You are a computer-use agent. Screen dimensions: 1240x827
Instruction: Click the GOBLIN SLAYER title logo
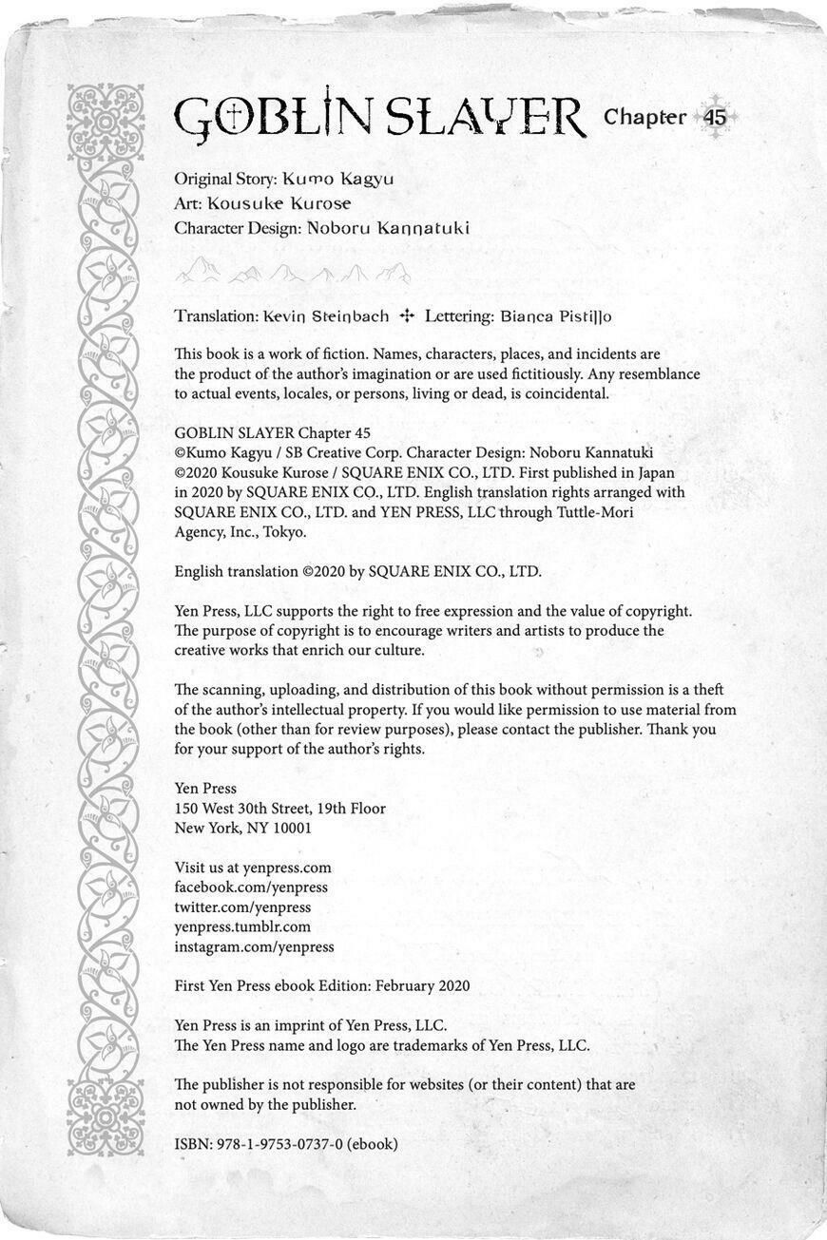click(x=380, y=119)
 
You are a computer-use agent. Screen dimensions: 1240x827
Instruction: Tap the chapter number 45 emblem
click(x=715, y=118)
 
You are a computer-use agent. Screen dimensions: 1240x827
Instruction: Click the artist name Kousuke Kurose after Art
click(x=279, y=203)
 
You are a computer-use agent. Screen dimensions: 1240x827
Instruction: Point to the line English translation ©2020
click(x=357, y=571)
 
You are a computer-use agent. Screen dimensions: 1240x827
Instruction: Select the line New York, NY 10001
click(x=242, y=828)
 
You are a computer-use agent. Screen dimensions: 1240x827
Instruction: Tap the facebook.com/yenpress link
click(x=251, y=887)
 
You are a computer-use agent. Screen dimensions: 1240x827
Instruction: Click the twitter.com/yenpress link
click(x=242, y=907)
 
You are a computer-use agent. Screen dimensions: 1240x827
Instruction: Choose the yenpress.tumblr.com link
click(x=242, y=926)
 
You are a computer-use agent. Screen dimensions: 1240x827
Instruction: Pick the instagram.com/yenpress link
click(x=254, y=947)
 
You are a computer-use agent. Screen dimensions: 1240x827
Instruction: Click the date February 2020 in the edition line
click(x=422, y=986)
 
